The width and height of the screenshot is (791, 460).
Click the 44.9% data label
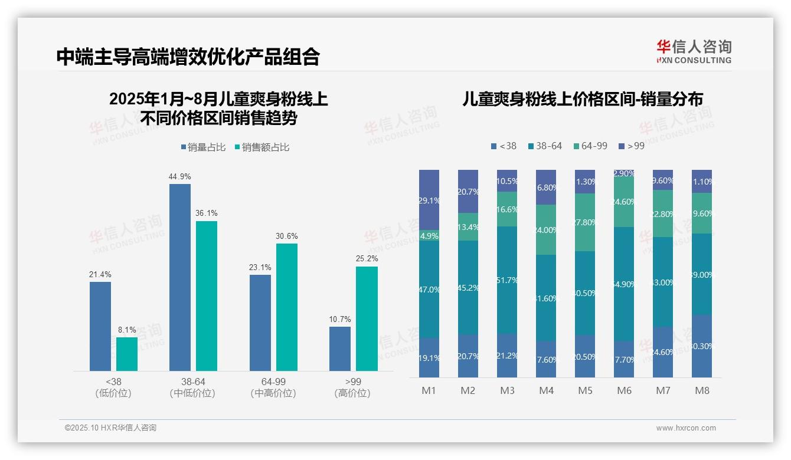180,176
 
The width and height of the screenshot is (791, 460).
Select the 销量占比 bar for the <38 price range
100,326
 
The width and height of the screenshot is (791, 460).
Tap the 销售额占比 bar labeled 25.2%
367,318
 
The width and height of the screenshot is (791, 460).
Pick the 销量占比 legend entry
203,147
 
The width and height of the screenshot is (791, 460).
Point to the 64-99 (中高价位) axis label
273,387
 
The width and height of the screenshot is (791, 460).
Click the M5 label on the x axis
585,390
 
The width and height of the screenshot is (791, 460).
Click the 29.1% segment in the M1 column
429,200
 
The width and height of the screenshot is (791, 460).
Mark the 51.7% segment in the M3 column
507,280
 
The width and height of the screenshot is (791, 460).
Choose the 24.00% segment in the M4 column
546,230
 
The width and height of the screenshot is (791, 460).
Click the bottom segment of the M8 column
702,346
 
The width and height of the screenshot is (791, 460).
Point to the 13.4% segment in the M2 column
468,227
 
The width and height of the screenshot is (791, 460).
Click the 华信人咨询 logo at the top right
694,51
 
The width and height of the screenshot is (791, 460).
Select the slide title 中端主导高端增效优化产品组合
188,57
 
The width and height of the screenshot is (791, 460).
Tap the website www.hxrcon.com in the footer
686,428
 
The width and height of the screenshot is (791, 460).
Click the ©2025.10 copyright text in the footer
110,428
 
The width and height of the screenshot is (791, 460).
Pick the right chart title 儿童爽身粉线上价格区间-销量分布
583,99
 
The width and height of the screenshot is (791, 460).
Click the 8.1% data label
127,330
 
